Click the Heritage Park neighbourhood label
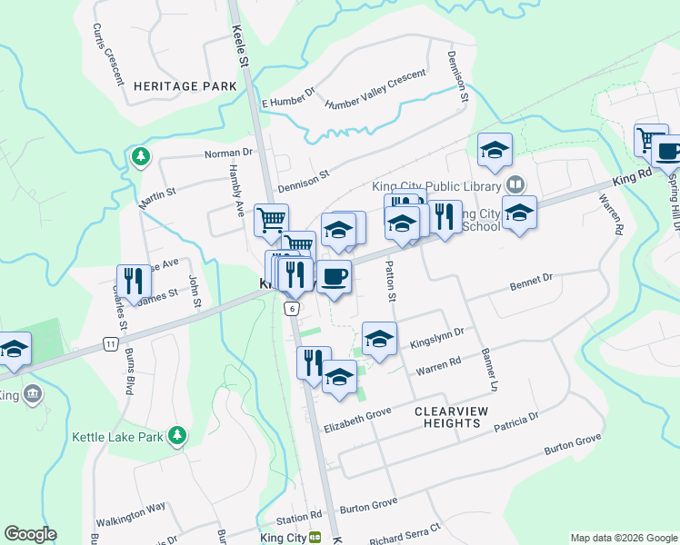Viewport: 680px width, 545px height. pyautogui.click(x=185, y=85)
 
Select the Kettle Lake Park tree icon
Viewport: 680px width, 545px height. pyautogui.click(x=177, y=438)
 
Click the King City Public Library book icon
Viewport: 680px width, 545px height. pyautogui.click(x=515, y=185)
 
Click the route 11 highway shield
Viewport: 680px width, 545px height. pyautogui.click(x=110, y=343)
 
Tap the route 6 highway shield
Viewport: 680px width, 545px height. pyautogui.click(x=291, y=309)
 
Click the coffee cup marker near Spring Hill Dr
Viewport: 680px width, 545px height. pyautogui.click(x=668, y=152)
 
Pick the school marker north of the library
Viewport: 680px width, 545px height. pyautogui.click(x=495, y=150)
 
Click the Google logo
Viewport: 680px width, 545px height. pyautogui.click(x=30, y=534)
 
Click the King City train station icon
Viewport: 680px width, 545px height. pyautogui.click(x=315, y=538)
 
